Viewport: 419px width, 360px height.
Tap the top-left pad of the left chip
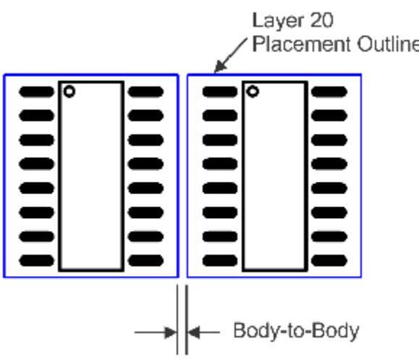click(x=37, y=92)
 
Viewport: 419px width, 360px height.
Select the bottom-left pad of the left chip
click(x=37, y=261)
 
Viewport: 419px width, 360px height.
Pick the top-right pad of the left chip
click(x=145, y=92)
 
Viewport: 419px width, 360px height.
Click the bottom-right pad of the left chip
click(x=145, y=261)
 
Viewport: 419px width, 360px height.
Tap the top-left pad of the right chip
click(x=220, y=92)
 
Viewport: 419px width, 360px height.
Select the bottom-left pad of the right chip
click(x=220, y=261)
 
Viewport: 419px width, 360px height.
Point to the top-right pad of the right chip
click(x=329, y=92)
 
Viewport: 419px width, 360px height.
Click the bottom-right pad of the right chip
click(x=329, y=261)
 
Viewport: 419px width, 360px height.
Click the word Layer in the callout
click(x=279, y=21)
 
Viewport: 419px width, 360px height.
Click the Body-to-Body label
click(x=297, y=332)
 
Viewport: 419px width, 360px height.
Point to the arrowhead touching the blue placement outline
click(x=220, y=67)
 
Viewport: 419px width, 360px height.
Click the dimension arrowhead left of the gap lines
click(x=171, y=332)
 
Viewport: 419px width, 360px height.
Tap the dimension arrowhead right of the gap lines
click(x=193, y=332)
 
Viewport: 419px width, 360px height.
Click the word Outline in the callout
click(x=388, y=44)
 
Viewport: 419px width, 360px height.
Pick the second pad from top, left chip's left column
click(x=37, y=116)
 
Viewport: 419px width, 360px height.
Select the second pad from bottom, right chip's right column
click(x=329, y=236)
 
